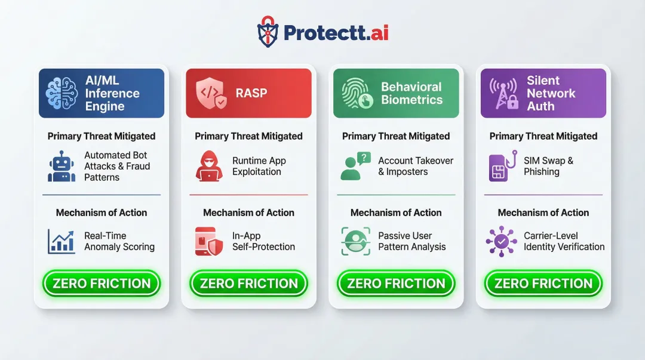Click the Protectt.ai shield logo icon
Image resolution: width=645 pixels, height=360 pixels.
(x=268, y=32)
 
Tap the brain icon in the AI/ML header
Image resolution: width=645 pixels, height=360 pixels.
(x=62, y=93)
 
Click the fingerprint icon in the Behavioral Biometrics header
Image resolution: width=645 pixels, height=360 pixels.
(x=357, y=94)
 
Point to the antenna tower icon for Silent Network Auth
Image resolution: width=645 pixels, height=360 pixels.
(x=503, y=94)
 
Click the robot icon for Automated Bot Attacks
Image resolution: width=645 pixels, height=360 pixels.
(x=62, y=167)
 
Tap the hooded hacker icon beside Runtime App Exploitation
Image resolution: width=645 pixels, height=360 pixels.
(x=209, y=167)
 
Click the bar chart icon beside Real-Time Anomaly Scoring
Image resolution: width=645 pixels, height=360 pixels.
(x=62, y=241)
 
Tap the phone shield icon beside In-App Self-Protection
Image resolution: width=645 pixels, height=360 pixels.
(x=209, y=241)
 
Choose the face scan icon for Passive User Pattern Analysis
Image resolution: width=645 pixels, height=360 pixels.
(x=356, y=241)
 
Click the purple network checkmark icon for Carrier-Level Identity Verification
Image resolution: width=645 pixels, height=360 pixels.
(x=502, y=241)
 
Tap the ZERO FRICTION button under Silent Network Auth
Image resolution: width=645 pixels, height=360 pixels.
(x=543, y=284)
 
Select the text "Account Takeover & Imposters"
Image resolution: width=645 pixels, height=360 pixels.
(x=416, y=167)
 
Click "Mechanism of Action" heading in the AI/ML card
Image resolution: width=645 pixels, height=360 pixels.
(x=102, y=213)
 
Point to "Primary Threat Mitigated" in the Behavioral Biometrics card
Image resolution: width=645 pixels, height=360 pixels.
(x=396, y=136)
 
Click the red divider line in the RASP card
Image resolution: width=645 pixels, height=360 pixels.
(x=248, y=195)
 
